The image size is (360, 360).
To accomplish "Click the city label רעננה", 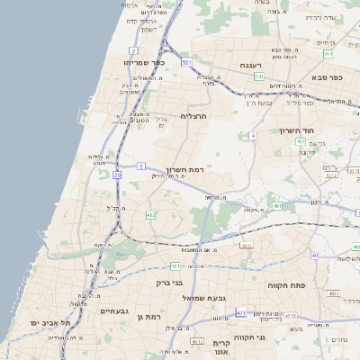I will click(x=251, y=66).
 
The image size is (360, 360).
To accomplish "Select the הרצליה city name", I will click(x=193, y=116).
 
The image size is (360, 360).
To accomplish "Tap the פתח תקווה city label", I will click(x=286, y=284).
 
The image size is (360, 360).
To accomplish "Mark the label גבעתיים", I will click(x=118, y=310).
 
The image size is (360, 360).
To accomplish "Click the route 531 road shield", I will click(x=186, y=63).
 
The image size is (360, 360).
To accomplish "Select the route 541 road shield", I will click(x=258, y=77).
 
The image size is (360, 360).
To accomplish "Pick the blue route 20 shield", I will click(x=116, y=175).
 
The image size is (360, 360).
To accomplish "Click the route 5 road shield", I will click(x=142, y=166).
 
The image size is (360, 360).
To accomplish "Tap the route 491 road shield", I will click(x=278, y=206).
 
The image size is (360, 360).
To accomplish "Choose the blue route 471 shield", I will click(x=241, y=311).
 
